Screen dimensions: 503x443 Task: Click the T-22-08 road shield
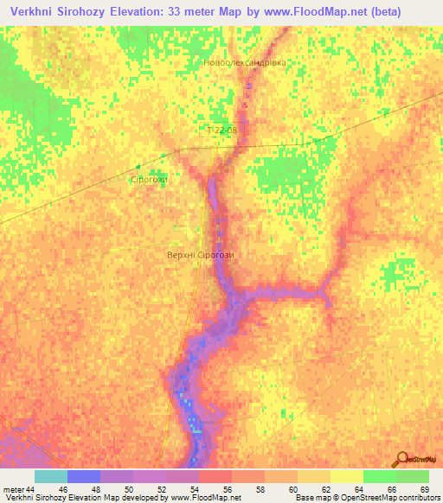pyautogui.click(x=221, y=131)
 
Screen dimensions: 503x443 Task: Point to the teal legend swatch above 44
pyautogui.click(x=51, y=476)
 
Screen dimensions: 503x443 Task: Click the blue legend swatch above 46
pyautogui.click(x=84, y=476)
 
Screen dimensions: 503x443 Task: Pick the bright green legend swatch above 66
pyautogui.click(x=380, y=476)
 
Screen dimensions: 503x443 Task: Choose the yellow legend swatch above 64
pyautogui.click(x=347, y=476)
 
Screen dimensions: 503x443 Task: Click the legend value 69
pyautogui.click(x=423, y=489)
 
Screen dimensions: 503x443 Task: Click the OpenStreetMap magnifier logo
pyautogui.click(x=401, y=460)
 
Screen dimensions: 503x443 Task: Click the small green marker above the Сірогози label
pyautogui.click(x=138, y=167)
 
